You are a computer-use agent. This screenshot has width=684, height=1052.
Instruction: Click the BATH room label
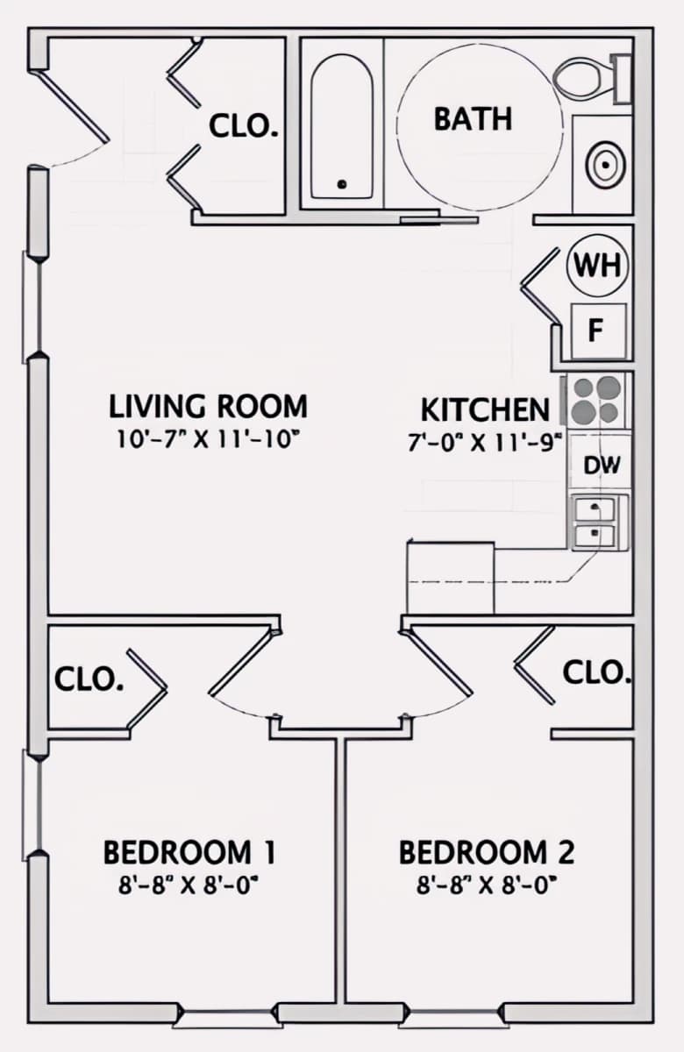point(473,119)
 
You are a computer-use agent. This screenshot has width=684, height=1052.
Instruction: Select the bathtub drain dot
point(342,184)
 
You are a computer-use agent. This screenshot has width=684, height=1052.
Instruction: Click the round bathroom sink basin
point(606,165)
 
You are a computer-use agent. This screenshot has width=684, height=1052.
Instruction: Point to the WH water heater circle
point(597,266)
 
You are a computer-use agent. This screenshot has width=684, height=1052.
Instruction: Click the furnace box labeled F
point(598,331)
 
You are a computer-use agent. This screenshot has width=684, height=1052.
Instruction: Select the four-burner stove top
point(596,400)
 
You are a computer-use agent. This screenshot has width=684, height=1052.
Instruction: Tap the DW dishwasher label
point(602,466)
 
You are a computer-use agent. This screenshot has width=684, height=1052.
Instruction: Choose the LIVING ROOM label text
point(208,407)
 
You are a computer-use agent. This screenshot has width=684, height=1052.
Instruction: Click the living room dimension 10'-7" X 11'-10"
point(208,440)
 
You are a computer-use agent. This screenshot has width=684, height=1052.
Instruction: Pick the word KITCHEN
point(485,410)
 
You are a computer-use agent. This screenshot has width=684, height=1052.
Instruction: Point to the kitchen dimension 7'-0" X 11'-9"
point(485,443)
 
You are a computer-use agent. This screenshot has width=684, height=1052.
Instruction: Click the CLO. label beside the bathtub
point(244,126)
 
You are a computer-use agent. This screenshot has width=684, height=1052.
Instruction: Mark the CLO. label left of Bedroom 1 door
point(89,679)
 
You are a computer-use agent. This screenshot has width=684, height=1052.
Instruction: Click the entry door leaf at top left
point(70,106)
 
